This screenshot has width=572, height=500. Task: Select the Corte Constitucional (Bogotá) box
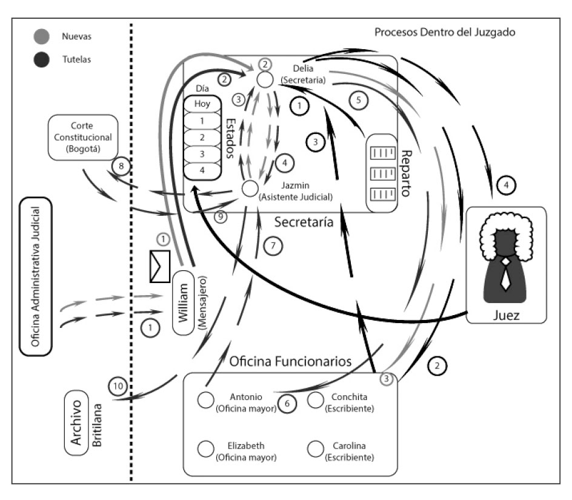pos(82,138)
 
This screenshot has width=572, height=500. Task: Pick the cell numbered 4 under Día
pos(202,170)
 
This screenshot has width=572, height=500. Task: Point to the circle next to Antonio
pos(205,400)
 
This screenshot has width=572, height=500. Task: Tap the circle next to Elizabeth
pos(205,448)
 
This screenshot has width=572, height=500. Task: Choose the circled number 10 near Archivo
pos(118,386)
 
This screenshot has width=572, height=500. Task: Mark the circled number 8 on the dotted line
pos(121,165)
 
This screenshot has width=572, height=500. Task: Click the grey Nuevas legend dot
pos(42,37)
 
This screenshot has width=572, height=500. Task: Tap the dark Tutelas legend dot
pos(42,59)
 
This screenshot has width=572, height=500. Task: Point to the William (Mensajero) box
pos(186,302)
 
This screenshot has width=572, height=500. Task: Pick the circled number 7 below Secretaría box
pos(273,245)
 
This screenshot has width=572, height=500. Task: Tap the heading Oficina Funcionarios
pos(290,362)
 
